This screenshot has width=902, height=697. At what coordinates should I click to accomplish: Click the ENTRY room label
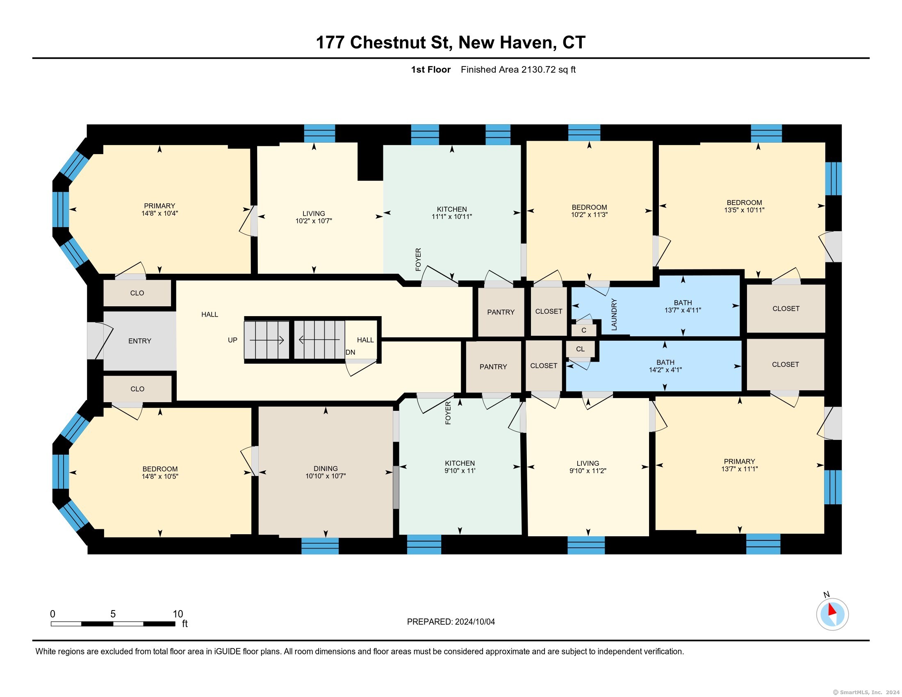pyautogui.click(x=139, y=341)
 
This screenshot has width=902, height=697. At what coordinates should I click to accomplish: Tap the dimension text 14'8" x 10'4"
pyautogui.click(x=159, y=214)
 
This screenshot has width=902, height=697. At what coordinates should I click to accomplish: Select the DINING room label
pyautogui.click(x=326, y=468)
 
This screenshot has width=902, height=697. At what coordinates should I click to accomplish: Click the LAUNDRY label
pyautogui.click(x=614, y=314)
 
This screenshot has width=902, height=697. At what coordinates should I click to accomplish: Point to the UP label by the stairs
pyautogui.click(x=232, y=340)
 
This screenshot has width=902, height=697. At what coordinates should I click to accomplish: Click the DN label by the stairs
pyautogui.click(x=350, y=352)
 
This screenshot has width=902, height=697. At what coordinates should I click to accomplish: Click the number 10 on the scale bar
pyautogui.click(x=178, y=614)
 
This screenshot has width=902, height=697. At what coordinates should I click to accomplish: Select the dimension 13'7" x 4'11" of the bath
pyautogui.click(x=683, y=310)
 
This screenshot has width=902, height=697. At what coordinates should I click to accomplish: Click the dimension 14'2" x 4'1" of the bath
pyautogui.click(x=665, y=369)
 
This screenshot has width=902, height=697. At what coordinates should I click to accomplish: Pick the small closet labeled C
pyautogui.click(x=583, y=330)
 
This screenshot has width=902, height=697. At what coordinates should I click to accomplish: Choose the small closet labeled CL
pyautogui.click(x=580, y=349)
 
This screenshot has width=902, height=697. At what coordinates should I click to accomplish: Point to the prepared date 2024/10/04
pyautogui.click(x=474, y=622)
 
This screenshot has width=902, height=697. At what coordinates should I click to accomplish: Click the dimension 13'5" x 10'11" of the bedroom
pyautogui.click(x=744, y=210)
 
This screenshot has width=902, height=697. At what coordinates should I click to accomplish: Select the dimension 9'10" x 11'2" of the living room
pyautogui.click(x=588, y=470)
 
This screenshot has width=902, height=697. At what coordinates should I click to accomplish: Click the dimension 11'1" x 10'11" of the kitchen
pyautogui.click(x=452, y=216)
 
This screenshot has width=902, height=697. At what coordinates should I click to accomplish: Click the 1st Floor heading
pyautogui.click(x=430, y=69)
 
